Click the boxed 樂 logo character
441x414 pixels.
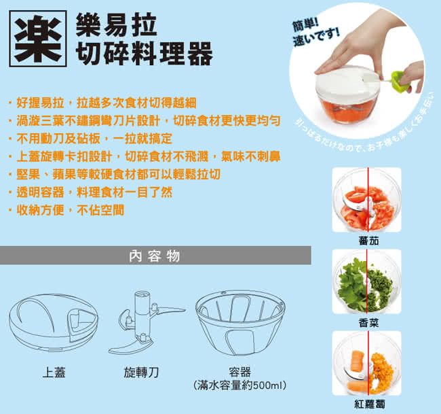[x=38, y=39]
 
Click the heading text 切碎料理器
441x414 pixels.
[x=144, y=54]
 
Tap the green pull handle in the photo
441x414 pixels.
[x=399, y=82]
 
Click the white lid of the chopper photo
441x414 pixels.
[x=347, y=81]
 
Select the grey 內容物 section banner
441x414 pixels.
[x=155, y=256]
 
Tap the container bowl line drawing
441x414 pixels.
[x=241, y=323]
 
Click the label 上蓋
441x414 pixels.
[x=54, y=373]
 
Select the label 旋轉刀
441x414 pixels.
[x=142, y=373]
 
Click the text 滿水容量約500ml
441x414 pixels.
[x=240, y=385]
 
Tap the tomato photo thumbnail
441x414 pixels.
[x=367, y=200]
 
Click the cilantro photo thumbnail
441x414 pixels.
[x=367, y=281]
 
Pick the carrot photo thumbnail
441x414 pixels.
[x=367, y=363]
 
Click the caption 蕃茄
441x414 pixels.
[x=368, y=241]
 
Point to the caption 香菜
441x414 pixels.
[x=368, y=323]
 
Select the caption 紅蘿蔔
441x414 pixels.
[x=370, y=404]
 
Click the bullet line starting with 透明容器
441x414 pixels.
[x=90, y=192]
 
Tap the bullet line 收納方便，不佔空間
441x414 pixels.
[x=66, y=210]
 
